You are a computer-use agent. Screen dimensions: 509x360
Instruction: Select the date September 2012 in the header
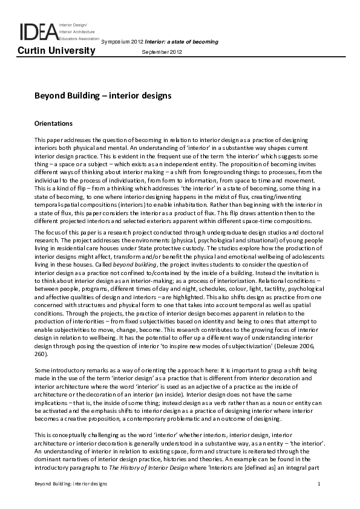(x=161, y=53)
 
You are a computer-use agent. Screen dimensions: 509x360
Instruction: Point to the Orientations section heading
(x=53, y=123)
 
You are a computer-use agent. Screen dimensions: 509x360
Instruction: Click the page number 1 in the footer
(x=318, y=484)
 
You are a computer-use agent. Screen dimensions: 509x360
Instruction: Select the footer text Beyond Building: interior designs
(x=70, y=484)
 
